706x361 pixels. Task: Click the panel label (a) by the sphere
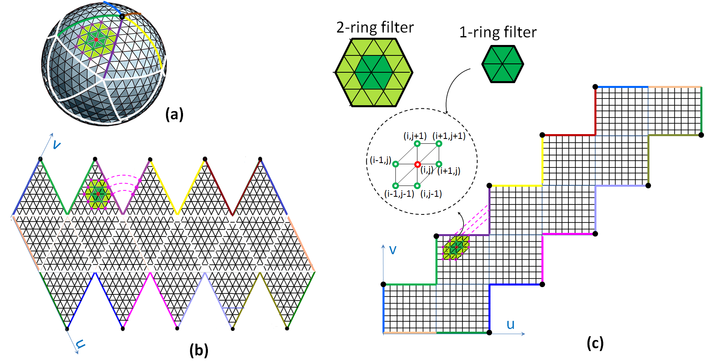coord(174,114)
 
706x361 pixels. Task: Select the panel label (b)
coord(199,350)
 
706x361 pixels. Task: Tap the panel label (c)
coord(595,343)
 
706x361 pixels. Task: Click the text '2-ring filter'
coord(375,27)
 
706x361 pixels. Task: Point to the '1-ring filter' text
coord(498,32)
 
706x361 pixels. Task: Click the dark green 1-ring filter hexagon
coord(503,64)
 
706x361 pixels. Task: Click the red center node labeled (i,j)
coord(417,164)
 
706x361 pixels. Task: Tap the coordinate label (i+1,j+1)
coord(449,136)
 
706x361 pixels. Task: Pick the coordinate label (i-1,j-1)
coord(399,194)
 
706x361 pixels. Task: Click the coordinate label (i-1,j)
coord(380,160)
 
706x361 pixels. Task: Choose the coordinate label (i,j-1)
coord(431,194)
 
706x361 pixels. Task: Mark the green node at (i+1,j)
coord(439,164)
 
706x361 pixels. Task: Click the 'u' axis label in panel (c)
coord(510,324)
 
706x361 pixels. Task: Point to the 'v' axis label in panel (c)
coord(393,250)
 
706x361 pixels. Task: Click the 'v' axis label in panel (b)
coord(57,145)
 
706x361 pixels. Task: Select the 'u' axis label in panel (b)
coord(81,344)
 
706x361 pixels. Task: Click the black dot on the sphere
coord(122,16)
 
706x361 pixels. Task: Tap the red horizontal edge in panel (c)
coord(568,135)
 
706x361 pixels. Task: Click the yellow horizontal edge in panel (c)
coord(516,186)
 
